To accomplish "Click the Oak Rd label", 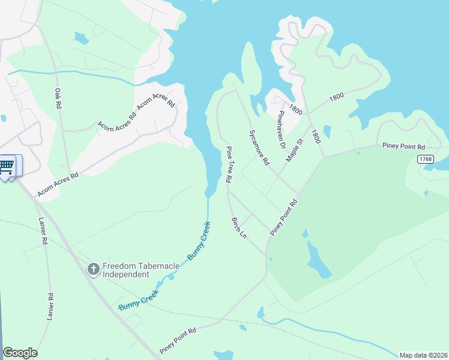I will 58,98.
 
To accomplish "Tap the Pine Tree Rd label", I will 229,164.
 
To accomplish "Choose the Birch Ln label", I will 239,227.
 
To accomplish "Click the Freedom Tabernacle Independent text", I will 125,270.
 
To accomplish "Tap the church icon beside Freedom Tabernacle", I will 93,269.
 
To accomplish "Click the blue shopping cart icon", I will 7,166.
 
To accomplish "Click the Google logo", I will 20,353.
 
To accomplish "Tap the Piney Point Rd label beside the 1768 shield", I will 404,146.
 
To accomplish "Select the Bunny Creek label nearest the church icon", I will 139,301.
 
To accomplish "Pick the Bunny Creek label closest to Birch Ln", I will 199,240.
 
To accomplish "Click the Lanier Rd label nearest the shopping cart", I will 43,230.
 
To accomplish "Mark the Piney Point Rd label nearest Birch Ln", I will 284,217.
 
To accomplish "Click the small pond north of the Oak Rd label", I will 80,38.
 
